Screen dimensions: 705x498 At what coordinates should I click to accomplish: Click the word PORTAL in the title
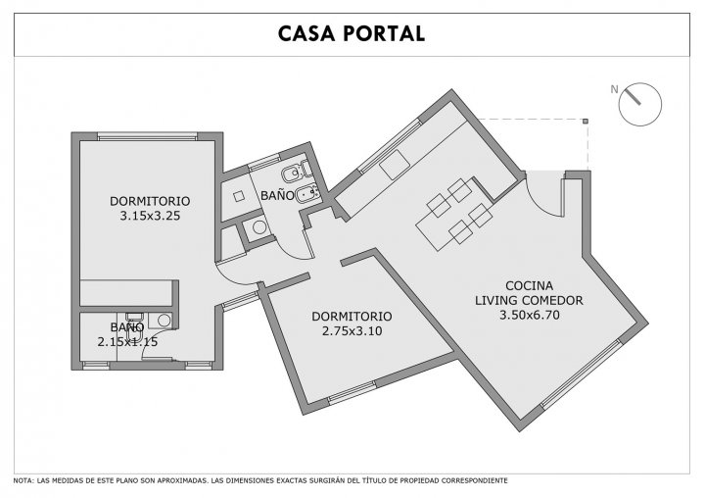point(384,33)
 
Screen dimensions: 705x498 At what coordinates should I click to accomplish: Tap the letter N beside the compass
point(614,89)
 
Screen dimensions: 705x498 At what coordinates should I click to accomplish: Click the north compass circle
point(639,104)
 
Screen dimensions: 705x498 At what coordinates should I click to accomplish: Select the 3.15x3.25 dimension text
point(150,216)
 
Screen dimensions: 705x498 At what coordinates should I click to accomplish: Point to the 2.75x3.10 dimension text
point(352,331)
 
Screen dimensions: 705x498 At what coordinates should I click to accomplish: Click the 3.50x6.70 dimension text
point(530,316)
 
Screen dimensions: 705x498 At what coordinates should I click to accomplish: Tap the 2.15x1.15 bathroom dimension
point(127,342)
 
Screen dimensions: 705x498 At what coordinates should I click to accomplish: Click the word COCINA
point(529,286)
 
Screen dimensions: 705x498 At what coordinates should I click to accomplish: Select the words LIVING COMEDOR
point(529,300)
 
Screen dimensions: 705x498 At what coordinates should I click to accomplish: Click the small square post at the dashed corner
point(586,121)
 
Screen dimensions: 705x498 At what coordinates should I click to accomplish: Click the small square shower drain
point(239,196)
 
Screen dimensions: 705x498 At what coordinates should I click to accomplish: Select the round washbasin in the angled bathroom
point(259,227)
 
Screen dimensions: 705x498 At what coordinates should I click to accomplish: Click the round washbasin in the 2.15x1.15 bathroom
point(164,321)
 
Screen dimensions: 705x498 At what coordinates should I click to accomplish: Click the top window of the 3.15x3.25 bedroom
point(148,136)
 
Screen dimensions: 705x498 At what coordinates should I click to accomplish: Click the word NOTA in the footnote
point(23,481)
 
